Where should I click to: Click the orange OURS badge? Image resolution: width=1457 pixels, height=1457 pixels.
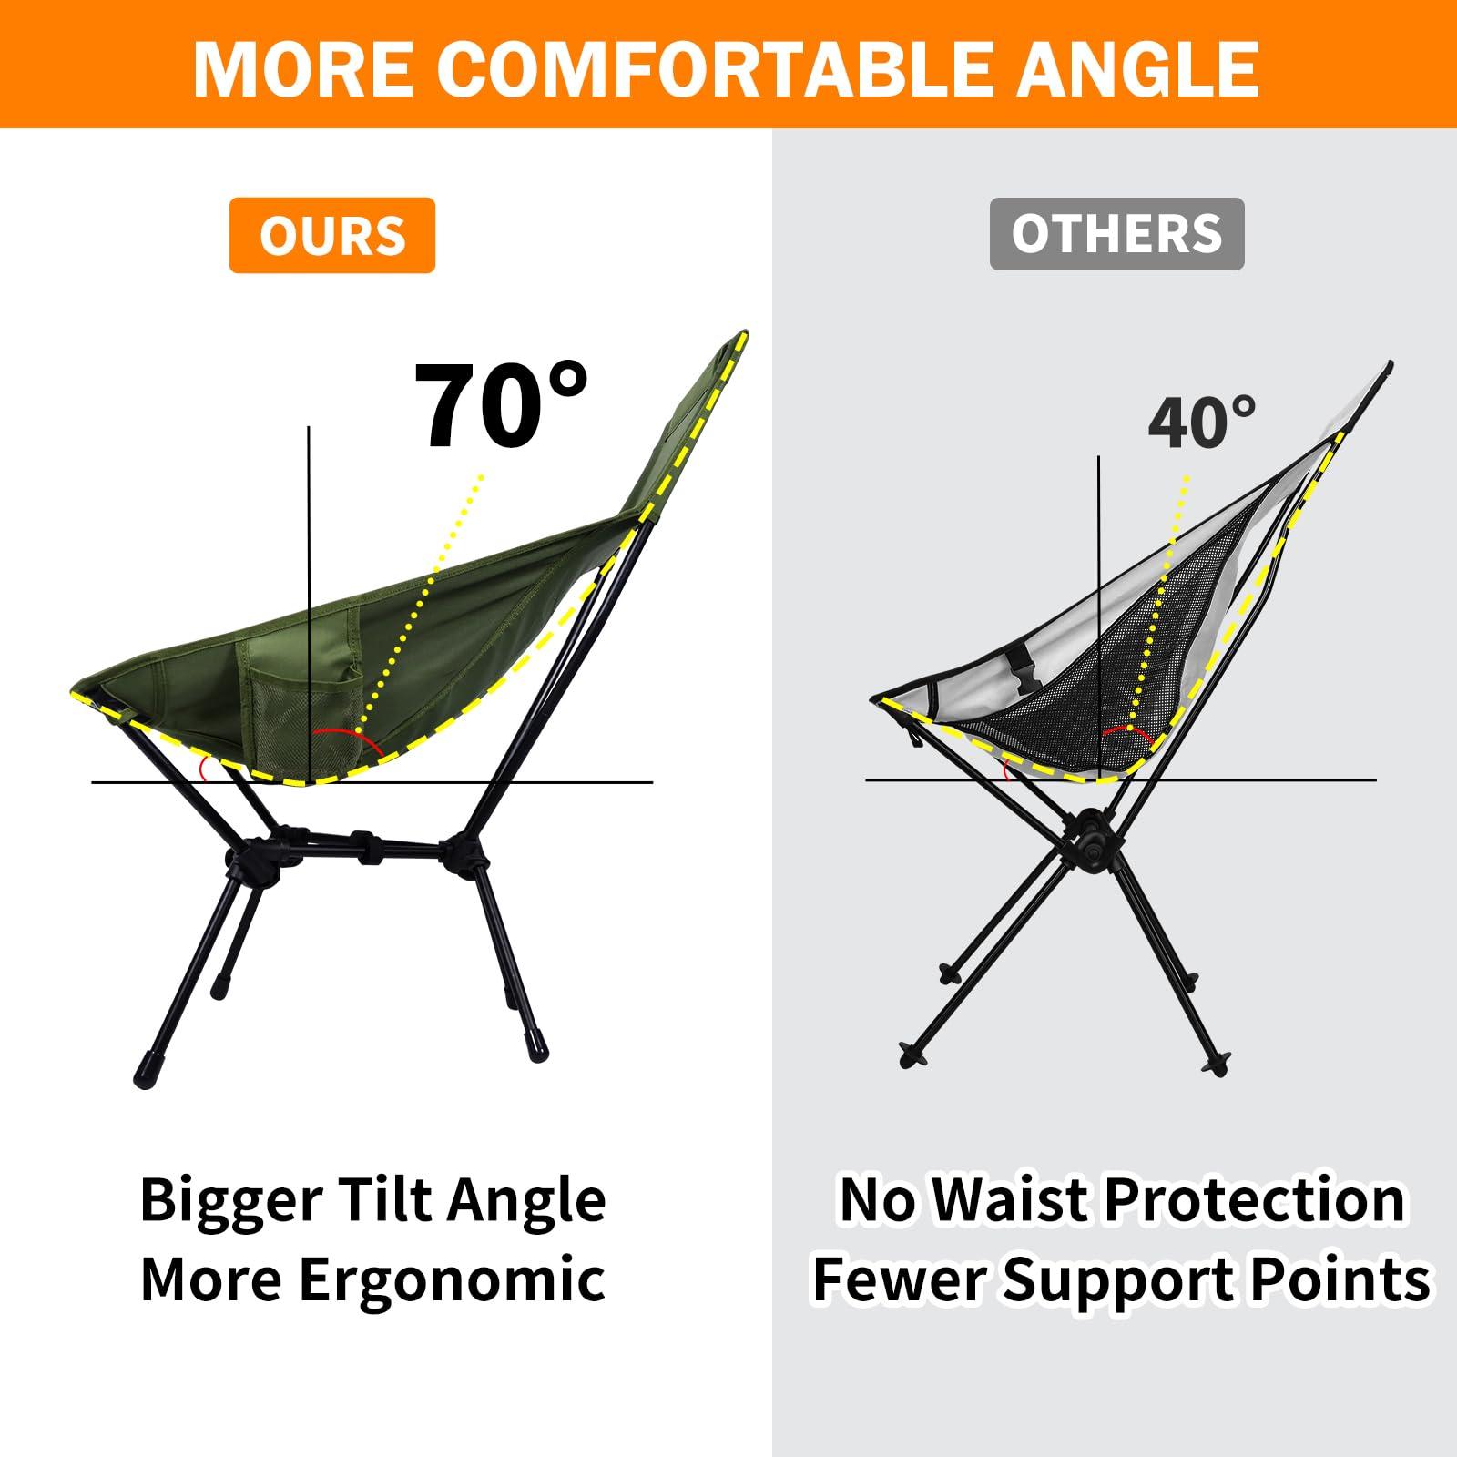(331, 236)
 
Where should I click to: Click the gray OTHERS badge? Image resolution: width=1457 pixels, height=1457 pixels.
(1116, 233)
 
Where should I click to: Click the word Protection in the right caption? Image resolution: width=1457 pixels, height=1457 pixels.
(1255, 1199)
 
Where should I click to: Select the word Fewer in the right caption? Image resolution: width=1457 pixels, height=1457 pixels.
(902, 1279)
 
